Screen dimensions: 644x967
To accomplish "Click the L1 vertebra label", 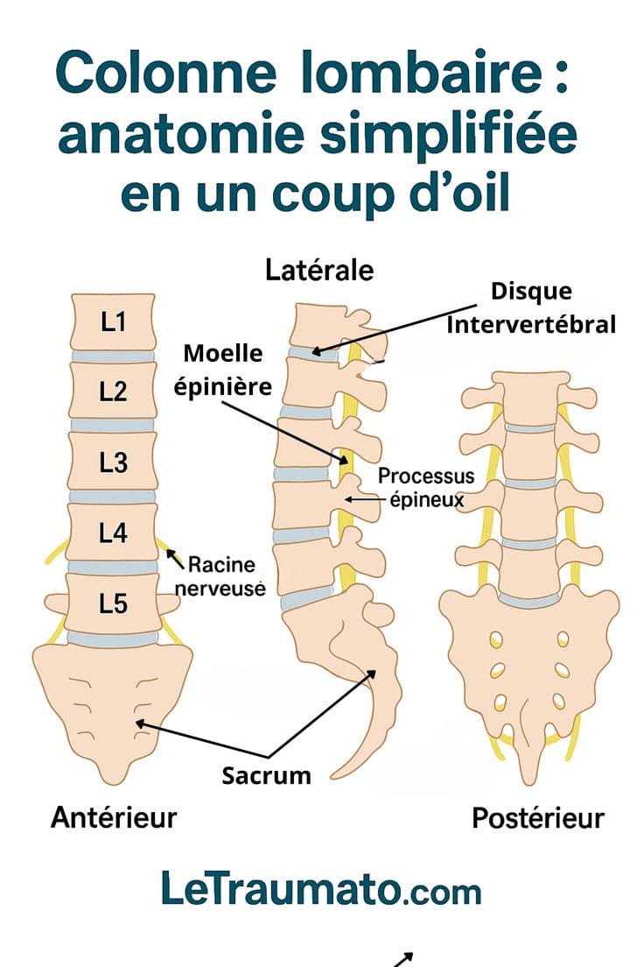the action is coord(114,321).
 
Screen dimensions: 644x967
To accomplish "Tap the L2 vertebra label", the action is coord(114,392).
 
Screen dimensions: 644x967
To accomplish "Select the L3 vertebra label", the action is coord(114,462).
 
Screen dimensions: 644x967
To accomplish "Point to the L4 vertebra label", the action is coord(114,533).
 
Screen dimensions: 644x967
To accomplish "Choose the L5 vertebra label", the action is coord(114,603).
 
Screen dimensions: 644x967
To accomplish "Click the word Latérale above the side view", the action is coord(319,270).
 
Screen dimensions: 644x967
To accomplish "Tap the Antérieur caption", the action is coord(114,817).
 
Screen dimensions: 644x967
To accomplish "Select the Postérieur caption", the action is coord(538,818).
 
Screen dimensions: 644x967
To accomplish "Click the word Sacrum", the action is coord(266,775).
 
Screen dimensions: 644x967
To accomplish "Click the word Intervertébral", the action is coord(531,324).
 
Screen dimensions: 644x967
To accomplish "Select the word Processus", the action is coord(426,476).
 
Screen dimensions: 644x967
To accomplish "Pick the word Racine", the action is coord(221,564).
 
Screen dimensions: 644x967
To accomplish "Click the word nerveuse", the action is coord(220,589).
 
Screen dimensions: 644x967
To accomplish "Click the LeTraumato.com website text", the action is coord(321,888).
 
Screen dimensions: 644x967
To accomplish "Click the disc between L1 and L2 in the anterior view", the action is coord(113,356).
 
